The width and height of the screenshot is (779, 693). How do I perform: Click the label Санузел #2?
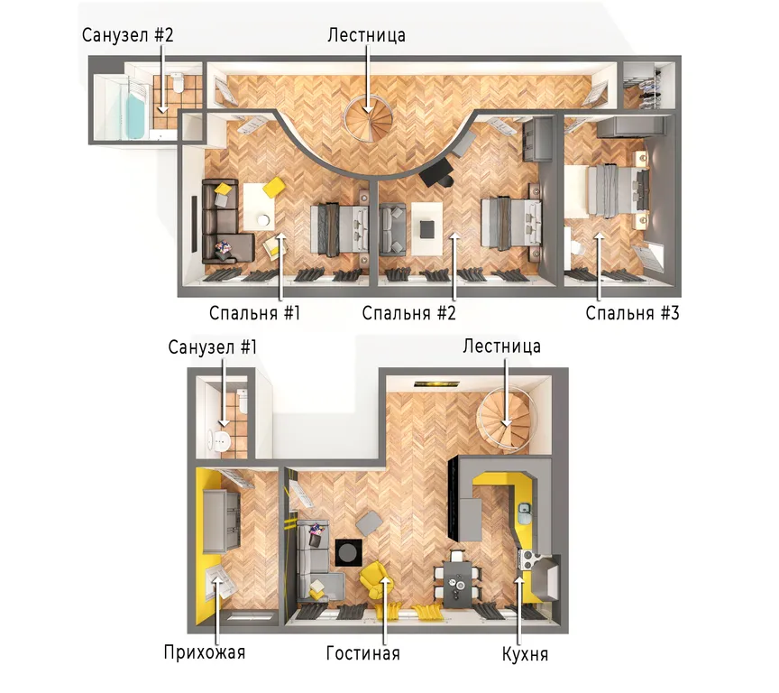[128, 35]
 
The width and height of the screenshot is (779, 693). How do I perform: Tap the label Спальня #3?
[632, 313]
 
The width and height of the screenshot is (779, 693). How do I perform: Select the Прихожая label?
[205, 651]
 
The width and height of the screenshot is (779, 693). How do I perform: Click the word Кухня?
[525, 653]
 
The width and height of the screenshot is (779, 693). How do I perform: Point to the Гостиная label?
[363, 652]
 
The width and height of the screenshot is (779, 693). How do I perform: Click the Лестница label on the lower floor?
[502, 346]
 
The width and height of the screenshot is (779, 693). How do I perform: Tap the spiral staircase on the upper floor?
[369, 119]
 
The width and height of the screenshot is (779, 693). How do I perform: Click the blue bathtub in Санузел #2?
[135, 116]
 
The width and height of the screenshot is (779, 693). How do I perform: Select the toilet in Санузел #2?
[178, 82]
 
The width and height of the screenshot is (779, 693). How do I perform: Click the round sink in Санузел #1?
[221, 440]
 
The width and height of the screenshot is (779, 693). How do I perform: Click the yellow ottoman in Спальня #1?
[273, 188]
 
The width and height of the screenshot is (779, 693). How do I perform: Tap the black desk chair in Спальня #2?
[436, 176]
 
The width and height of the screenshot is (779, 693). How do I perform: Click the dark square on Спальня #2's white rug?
[427, 229]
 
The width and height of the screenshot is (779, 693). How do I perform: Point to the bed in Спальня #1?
[339, 230]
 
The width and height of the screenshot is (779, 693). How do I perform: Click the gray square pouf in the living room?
[370, 523]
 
